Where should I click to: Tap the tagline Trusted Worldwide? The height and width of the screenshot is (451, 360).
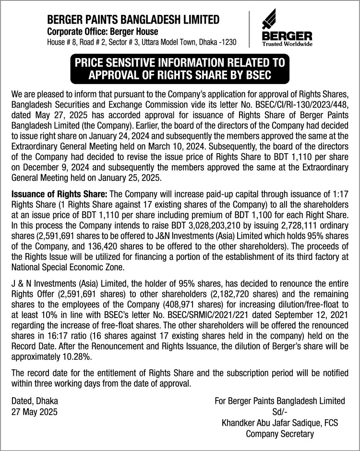pyautogui.click(x=287, y=44)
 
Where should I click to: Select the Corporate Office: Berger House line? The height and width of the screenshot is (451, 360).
pyautogui.click(x=102, y=31)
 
